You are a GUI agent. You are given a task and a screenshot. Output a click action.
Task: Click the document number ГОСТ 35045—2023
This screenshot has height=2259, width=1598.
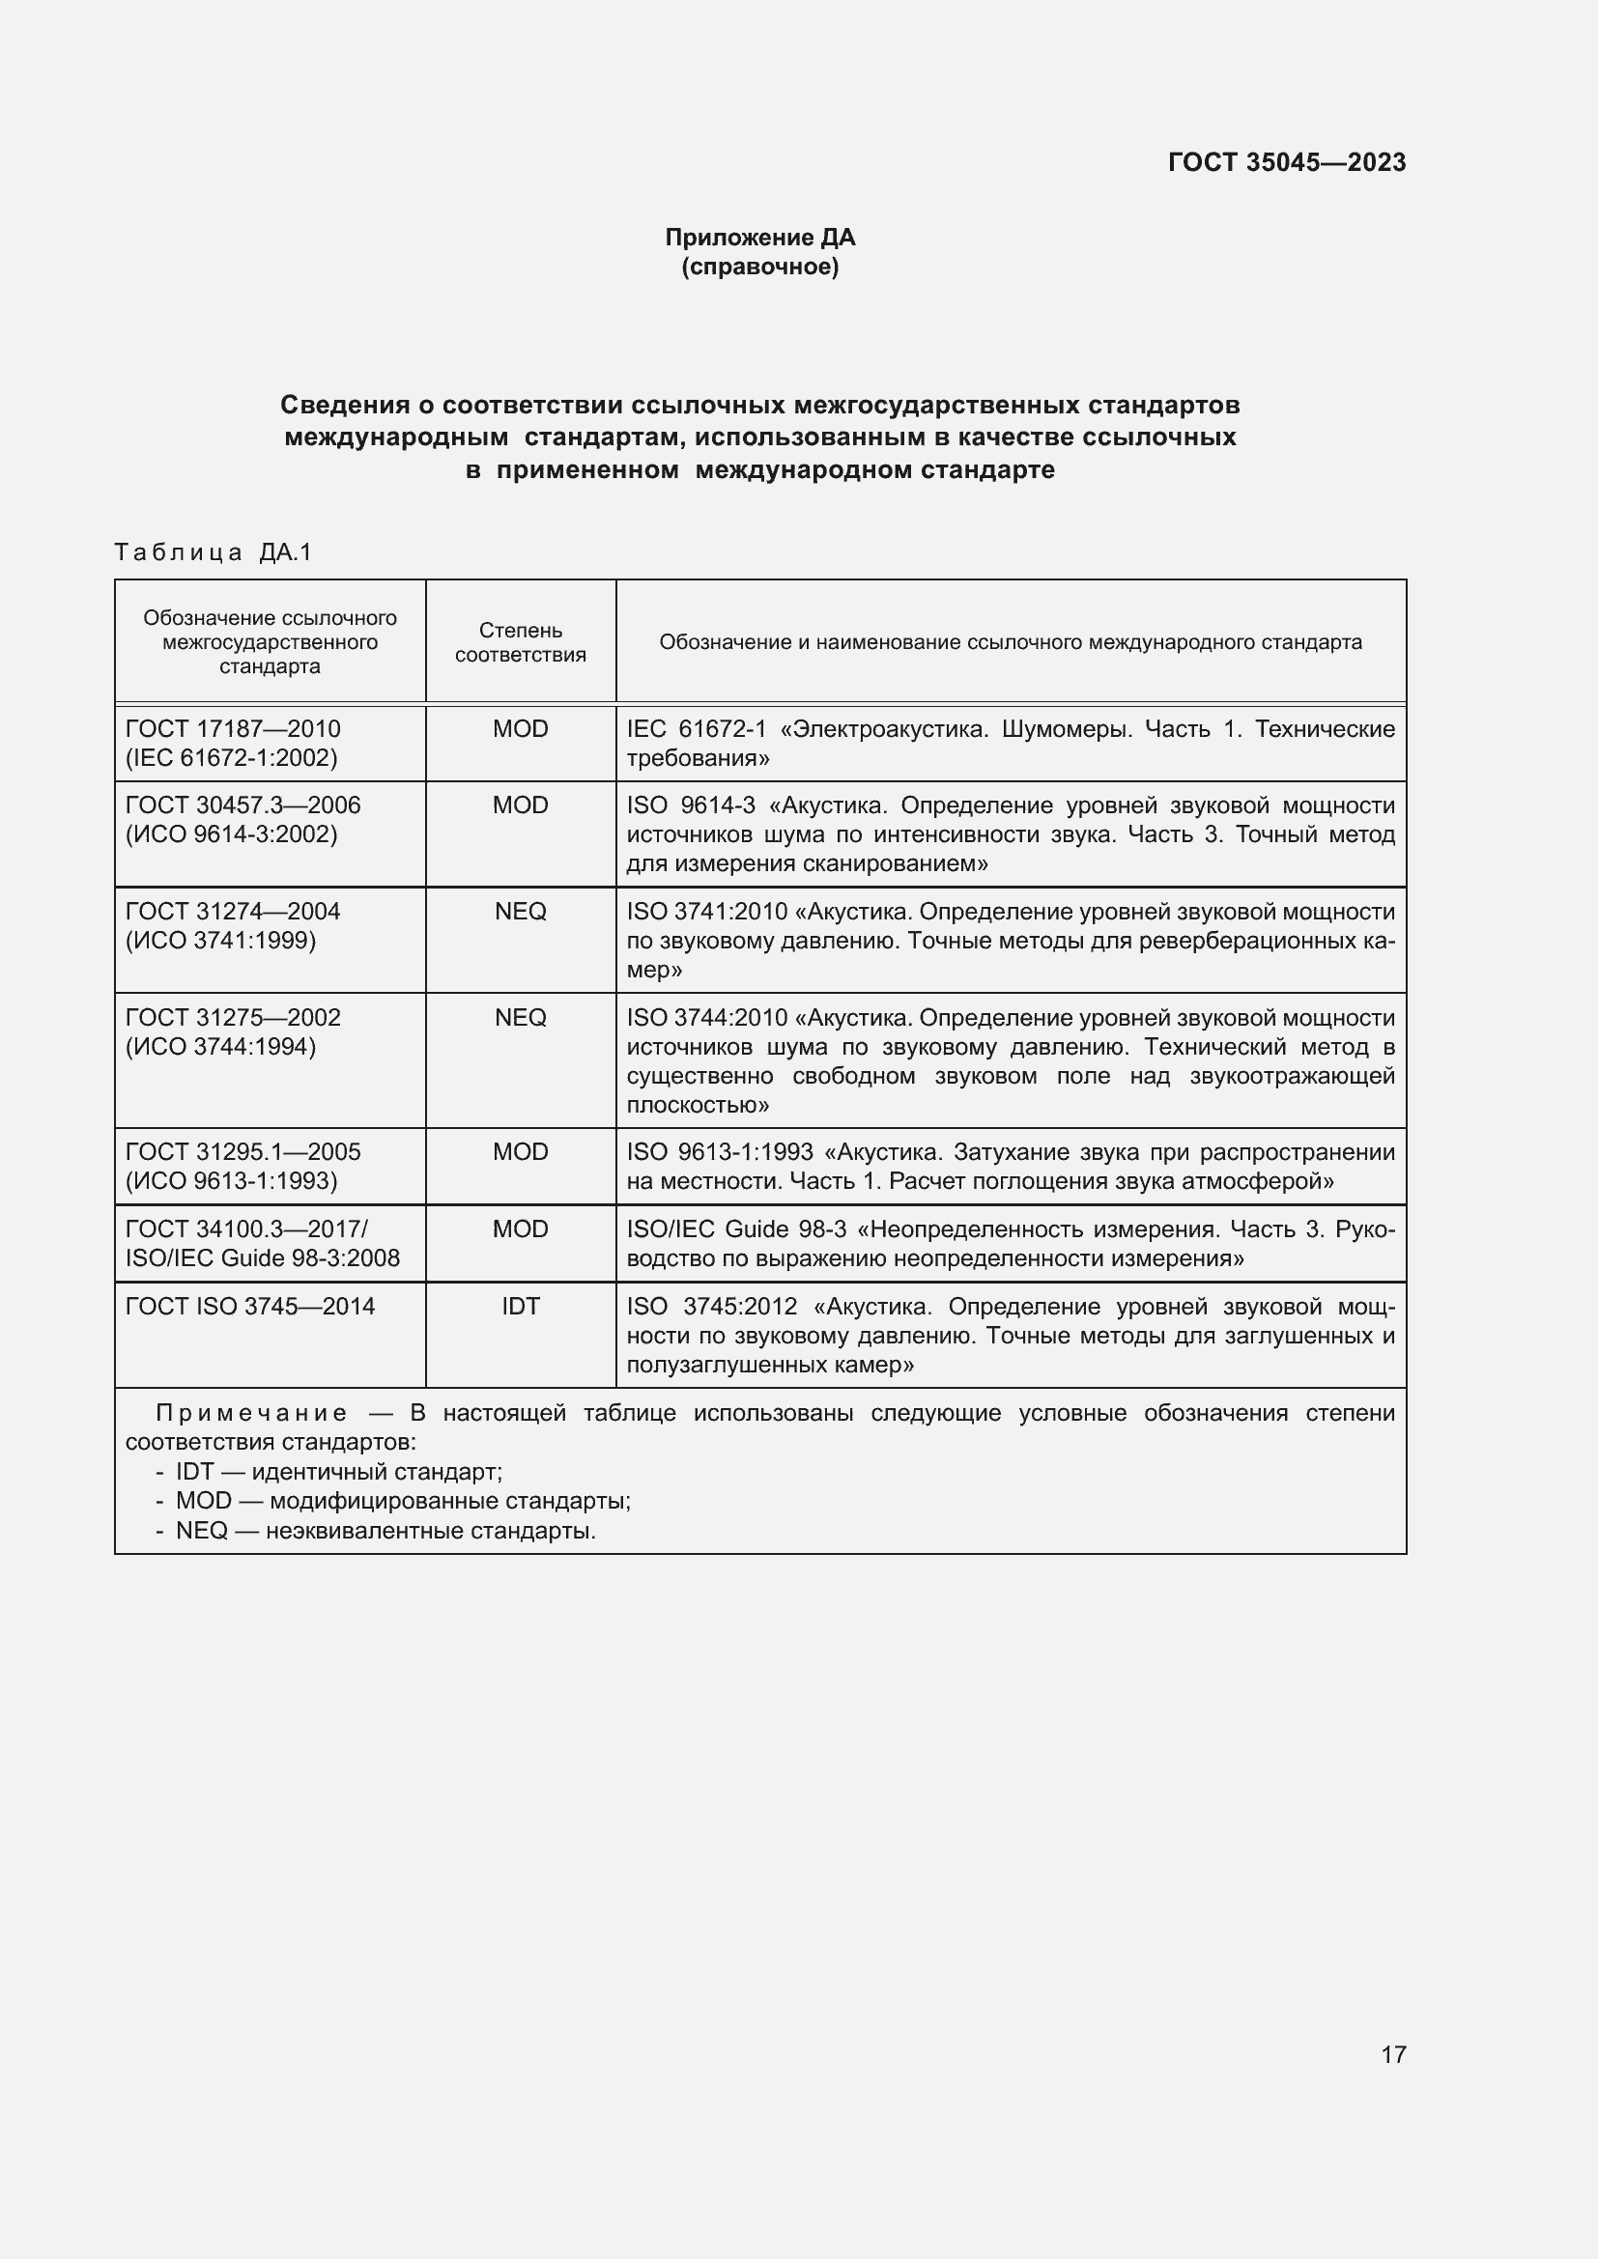point(1286,162)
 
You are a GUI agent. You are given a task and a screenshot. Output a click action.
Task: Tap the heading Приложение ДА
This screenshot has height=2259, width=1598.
point(759,238)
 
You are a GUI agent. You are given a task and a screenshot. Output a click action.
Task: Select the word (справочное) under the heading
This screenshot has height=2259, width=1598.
point(759,268)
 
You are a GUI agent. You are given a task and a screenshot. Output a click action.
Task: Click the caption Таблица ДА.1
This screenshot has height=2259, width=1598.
point(213,553)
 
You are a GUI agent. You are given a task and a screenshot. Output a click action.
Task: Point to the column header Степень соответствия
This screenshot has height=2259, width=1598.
point(520,642)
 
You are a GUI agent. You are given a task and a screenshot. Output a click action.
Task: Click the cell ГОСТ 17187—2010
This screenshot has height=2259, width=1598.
point(232,729)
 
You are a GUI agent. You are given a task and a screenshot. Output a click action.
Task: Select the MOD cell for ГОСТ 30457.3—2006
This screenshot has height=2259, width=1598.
point(520,805)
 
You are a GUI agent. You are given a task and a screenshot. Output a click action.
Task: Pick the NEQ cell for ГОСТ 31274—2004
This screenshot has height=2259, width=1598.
point(520,912)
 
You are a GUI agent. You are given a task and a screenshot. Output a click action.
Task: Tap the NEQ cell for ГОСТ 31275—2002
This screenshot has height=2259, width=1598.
point(520,1017)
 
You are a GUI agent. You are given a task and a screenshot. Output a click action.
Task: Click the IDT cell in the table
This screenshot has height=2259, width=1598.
point(520,1307)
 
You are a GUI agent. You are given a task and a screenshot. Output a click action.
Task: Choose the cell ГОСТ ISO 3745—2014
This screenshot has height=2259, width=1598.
point(250,1307)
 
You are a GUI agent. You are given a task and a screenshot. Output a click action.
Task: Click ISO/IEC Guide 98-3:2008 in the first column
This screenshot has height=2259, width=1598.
point(262,1258)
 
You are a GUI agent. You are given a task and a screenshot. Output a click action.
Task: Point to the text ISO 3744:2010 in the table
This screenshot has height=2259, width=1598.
point(706,1017)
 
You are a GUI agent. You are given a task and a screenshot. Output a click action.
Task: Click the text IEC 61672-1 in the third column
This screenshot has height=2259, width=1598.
point(696,729)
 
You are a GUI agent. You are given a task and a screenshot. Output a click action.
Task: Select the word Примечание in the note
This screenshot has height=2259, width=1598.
point(251,1414)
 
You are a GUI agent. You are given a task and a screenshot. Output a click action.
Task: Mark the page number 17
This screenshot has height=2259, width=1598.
point(1393,2054)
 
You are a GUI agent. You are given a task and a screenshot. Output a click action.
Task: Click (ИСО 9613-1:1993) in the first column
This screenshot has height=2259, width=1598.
point(231,1180)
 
